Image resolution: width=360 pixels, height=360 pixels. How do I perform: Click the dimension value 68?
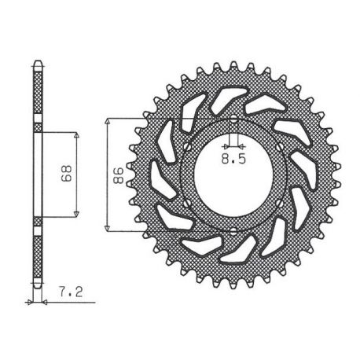[x=66, y=174]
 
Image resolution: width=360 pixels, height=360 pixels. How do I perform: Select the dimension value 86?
[x=118, y=175]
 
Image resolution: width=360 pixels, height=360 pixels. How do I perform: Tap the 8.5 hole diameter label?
[x=233, y=159]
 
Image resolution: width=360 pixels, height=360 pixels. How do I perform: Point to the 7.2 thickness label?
[x=71, y=292]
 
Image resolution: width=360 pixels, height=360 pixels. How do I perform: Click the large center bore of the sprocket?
[x=233, y=175]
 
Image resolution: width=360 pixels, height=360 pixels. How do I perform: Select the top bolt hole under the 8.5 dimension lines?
[x=233, y=120]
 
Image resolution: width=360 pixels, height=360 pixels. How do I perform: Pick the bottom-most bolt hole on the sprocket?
[x=233, y=231]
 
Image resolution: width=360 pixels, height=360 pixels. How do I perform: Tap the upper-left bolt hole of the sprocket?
[x=187, y=146]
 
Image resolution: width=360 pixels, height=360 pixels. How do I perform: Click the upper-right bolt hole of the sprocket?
[x=280, y=146]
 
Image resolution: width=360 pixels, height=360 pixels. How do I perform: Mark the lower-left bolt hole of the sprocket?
[x=187, y=204]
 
